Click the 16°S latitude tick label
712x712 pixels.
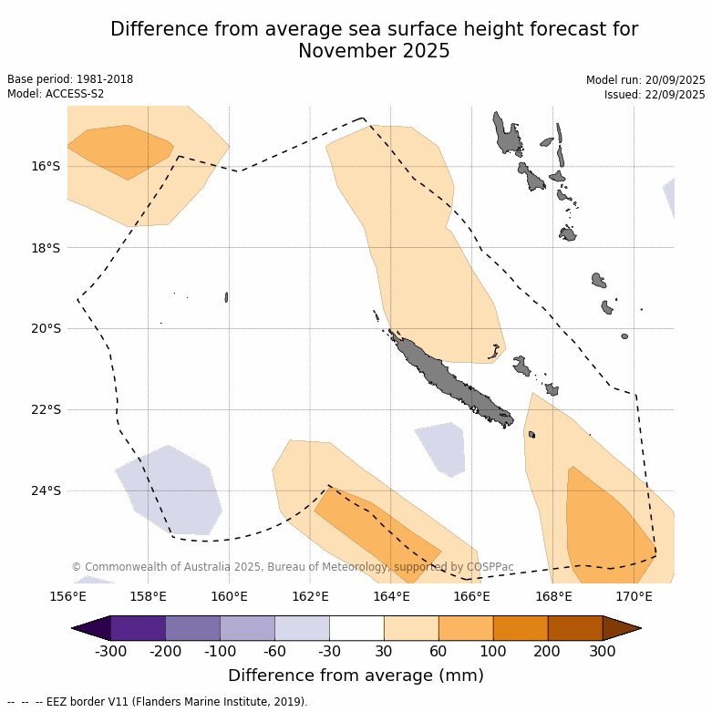point(46,166)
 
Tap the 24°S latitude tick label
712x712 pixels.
point(46,490)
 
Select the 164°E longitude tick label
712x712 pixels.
point(391,597)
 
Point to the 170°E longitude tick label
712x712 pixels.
point(634,597)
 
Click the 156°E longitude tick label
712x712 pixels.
point(67,597)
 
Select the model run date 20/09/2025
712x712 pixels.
point(673,80)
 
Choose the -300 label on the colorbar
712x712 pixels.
point(110,652)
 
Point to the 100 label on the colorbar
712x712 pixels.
point(493,652)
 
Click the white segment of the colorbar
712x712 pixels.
point(356,628)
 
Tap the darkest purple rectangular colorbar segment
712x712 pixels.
point(138,628)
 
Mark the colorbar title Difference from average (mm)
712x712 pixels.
point(356,676)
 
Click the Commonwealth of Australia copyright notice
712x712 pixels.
point(293,567)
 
